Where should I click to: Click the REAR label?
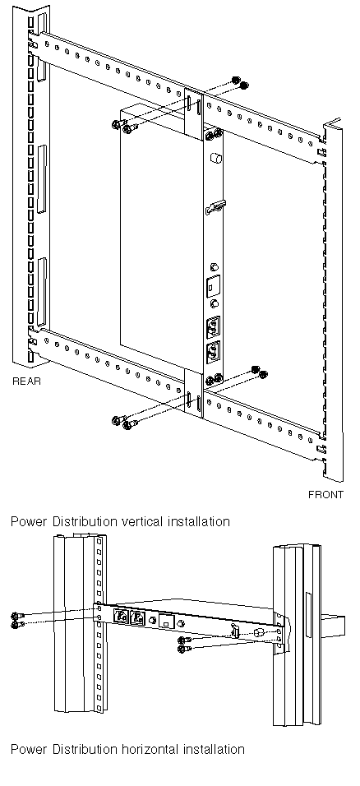tap(26, 381)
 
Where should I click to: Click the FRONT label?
tap(326, 495)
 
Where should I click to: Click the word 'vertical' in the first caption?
tap(141, 521)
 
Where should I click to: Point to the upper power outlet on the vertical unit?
tap(213, 327)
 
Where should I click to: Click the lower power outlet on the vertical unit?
tap(213, 353)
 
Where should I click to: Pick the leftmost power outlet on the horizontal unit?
tap(121, 617)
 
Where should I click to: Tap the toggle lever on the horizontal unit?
tap(234, 629)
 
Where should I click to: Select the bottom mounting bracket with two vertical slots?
tap(193, 391)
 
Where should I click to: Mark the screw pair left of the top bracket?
tap(122, 127)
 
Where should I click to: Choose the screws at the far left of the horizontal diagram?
tap(16, 620)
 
